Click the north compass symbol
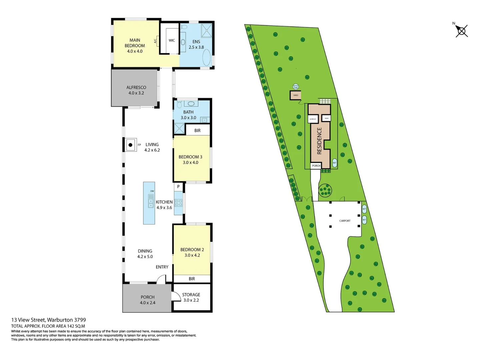[462, 31]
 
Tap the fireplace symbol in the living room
[130, 145]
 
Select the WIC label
[172, 40]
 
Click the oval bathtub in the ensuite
[207, 58]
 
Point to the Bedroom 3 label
[190, 157]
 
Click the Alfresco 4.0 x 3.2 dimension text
[136, 93]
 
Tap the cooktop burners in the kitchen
[179, 203]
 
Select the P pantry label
[178, 187]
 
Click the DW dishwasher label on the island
[152, 191]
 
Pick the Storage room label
[191, 295]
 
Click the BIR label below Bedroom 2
[192, 279]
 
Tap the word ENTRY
[162, 267]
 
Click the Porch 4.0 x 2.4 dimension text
[147, 303]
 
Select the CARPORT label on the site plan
[345, 221]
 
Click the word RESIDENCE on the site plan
[319, 141]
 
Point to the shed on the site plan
[295, 95]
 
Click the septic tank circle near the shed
[296, 87]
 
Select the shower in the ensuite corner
[206, 30]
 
